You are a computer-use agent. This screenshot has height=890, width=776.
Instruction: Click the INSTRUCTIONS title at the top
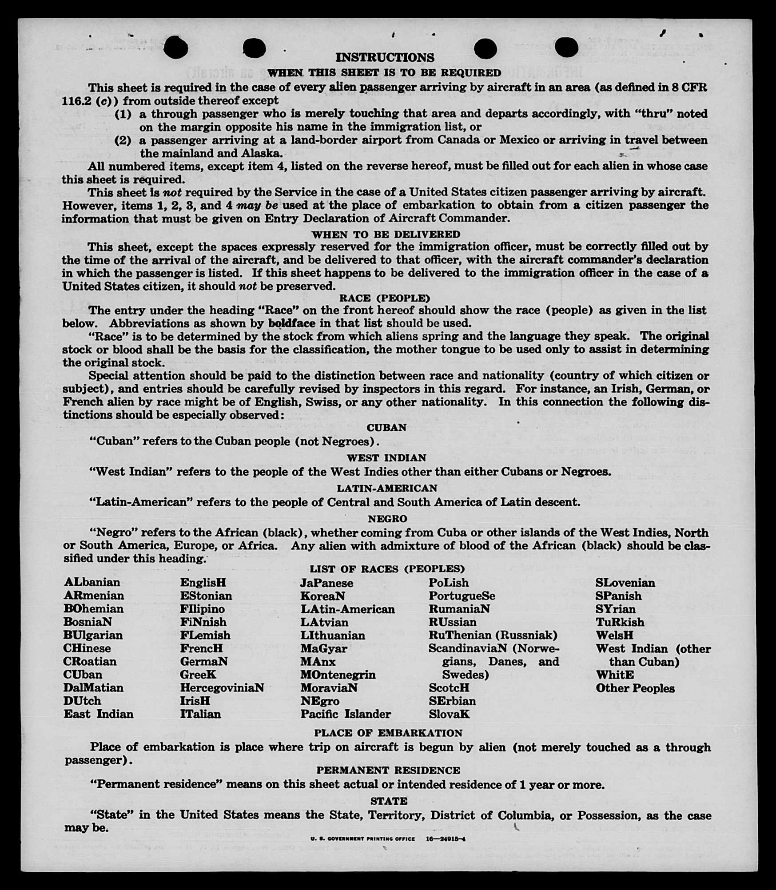click(x=385, y=58)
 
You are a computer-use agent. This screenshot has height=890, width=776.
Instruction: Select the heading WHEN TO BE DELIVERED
click(x=386, y=234)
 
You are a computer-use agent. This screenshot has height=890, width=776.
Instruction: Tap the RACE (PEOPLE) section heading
click(x=385, y=298)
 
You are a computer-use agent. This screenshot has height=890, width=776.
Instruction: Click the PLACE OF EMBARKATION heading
click(x=388, y=733)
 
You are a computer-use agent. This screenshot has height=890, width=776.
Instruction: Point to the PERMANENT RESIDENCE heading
click(x=388, y=770)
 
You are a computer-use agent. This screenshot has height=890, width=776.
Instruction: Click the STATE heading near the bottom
click(x=389, y=801)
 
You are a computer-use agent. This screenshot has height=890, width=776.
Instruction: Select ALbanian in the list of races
click(x=92, y=582)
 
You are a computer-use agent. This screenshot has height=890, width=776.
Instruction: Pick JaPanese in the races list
click(x=326, y=583)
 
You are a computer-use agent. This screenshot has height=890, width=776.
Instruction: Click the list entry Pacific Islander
click(x=346, y=714)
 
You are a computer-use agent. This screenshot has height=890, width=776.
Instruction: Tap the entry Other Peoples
click(x=635, y=688)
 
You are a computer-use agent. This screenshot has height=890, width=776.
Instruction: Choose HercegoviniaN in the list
click(x=222, y=688)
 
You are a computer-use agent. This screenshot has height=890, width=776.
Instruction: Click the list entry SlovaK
click(x=449, y=714)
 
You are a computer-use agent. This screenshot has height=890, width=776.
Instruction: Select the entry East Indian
click(x=99, y=714)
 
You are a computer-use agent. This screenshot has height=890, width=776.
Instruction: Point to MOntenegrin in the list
click(x=338, y=675)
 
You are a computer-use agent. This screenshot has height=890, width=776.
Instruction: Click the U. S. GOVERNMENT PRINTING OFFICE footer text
click(x=363, y=839)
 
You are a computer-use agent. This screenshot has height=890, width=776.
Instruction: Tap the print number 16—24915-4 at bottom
click(x=445, y=839)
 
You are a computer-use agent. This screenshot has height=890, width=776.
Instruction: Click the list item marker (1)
click(x=123, y=114)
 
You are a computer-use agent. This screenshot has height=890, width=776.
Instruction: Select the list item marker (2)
click(x=123, y=141)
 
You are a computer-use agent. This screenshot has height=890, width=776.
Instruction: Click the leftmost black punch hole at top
click(x=175, y=48)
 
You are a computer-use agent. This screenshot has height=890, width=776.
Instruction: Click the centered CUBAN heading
click(x=386, y=427)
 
